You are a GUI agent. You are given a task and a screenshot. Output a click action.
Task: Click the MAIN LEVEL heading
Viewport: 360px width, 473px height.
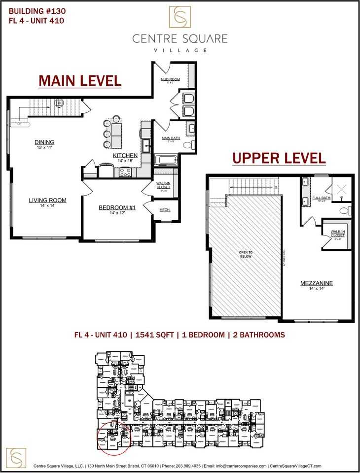[x=80, y=80]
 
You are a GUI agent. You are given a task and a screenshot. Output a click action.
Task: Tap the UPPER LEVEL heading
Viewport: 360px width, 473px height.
[x=279, y=158]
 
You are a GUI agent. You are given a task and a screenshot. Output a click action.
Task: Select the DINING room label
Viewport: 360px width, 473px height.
[x=44, y=142]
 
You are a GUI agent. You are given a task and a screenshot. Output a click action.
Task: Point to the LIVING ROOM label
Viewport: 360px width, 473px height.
[x=47, y=200]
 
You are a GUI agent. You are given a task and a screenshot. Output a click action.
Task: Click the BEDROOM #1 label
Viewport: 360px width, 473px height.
[x=113, y=207]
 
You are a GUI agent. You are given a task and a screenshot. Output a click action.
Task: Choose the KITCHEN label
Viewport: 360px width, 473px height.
[x=125, y=155]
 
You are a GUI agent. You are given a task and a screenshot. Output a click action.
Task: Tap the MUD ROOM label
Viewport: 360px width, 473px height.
[x=170, y=79]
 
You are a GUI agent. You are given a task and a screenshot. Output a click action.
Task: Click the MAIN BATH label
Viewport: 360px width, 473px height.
[x=171, y=138]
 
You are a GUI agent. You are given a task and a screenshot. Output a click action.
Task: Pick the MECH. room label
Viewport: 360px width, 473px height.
[x=165, y=210]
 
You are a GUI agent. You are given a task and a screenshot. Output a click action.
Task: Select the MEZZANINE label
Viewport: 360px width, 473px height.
[x=317, y=283]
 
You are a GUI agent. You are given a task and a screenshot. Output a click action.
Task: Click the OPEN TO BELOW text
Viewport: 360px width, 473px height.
[x=246, y=254]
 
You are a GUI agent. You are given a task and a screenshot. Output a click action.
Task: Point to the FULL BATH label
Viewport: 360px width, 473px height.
[x=321, y=198]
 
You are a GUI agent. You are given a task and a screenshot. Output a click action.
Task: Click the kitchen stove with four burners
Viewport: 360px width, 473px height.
[x=125, y=172]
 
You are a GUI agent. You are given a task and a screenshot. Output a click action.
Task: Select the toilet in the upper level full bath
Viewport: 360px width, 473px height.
[x=347, y=210]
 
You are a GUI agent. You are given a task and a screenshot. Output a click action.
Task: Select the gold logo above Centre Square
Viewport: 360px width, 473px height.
[x=180, y=17]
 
